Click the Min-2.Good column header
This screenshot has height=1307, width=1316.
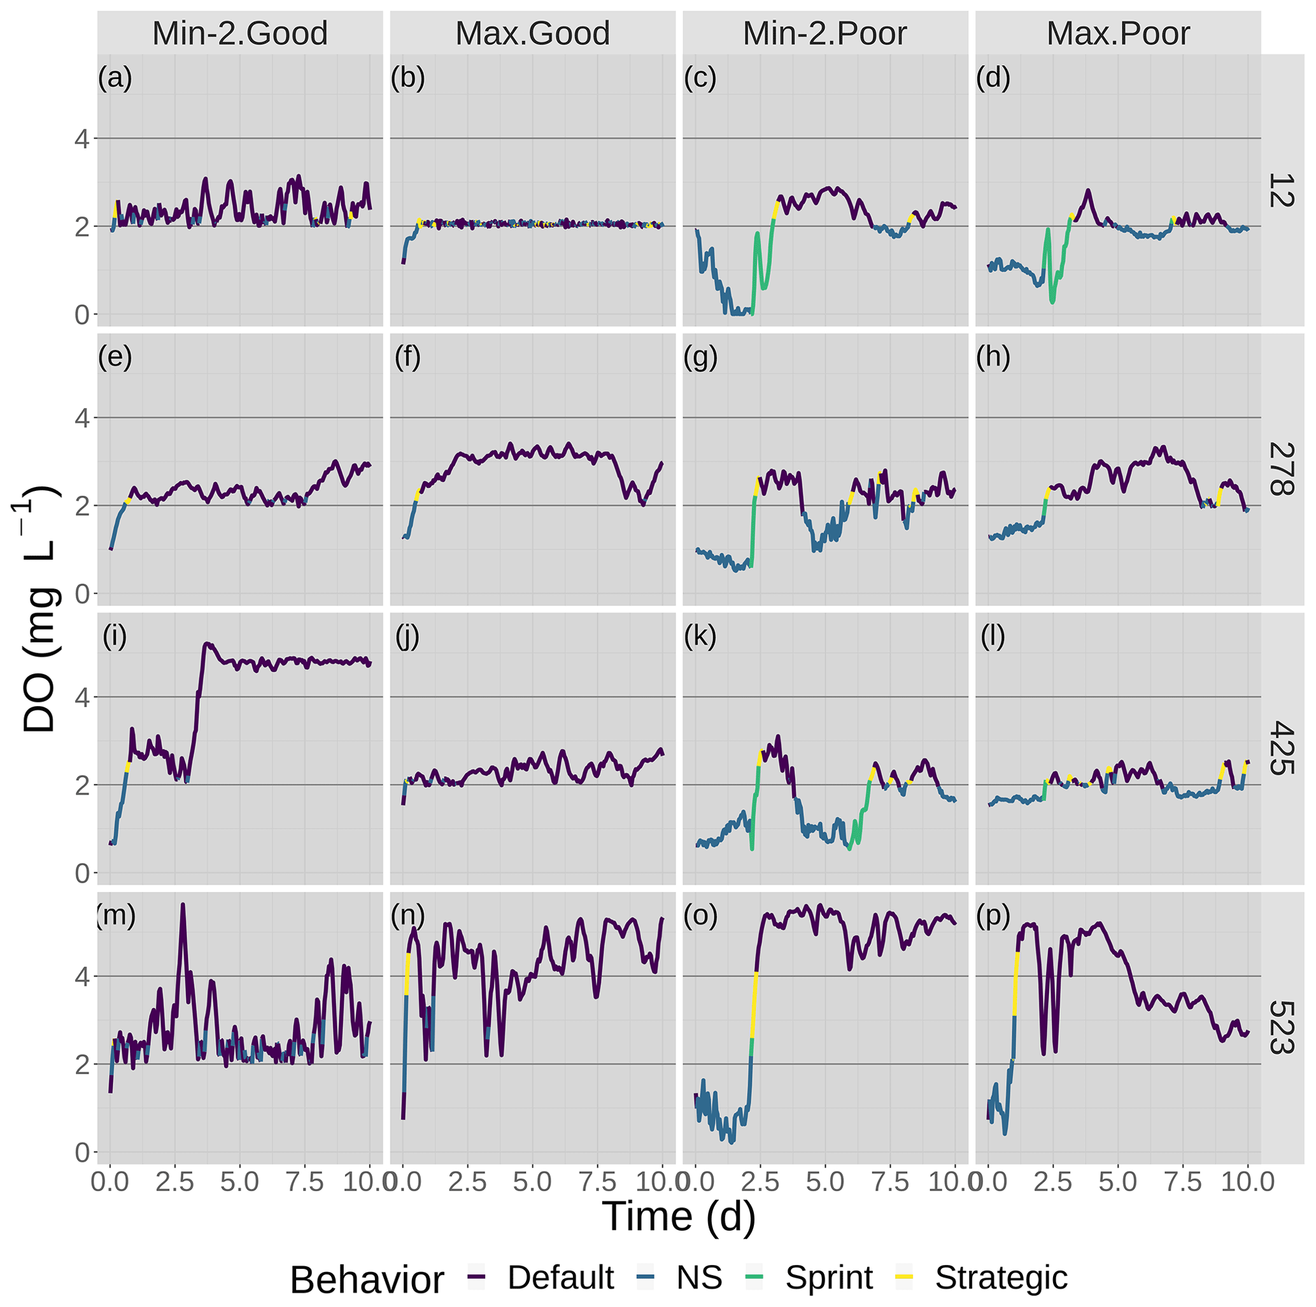pos(240,33)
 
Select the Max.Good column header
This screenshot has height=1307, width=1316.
pos(533,33)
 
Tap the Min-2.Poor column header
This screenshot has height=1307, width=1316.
pos(825,33)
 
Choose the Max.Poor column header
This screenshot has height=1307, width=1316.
pos(1118,33)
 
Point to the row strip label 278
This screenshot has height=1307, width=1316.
pos(1280,469)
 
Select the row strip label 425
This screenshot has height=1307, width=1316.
pos(1280,749)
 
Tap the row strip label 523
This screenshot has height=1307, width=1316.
pos(1280,1028)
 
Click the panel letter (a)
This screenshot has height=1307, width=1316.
pos(115,78)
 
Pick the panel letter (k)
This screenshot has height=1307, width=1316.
pos(700,637)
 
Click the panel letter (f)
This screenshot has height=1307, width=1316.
pos(407,358)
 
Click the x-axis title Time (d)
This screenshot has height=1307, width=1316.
pos(679,1217)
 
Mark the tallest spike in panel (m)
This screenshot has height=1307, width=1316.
pos(183,905)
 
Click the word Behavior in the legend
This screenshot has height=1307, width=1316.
pos(367,1280)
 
